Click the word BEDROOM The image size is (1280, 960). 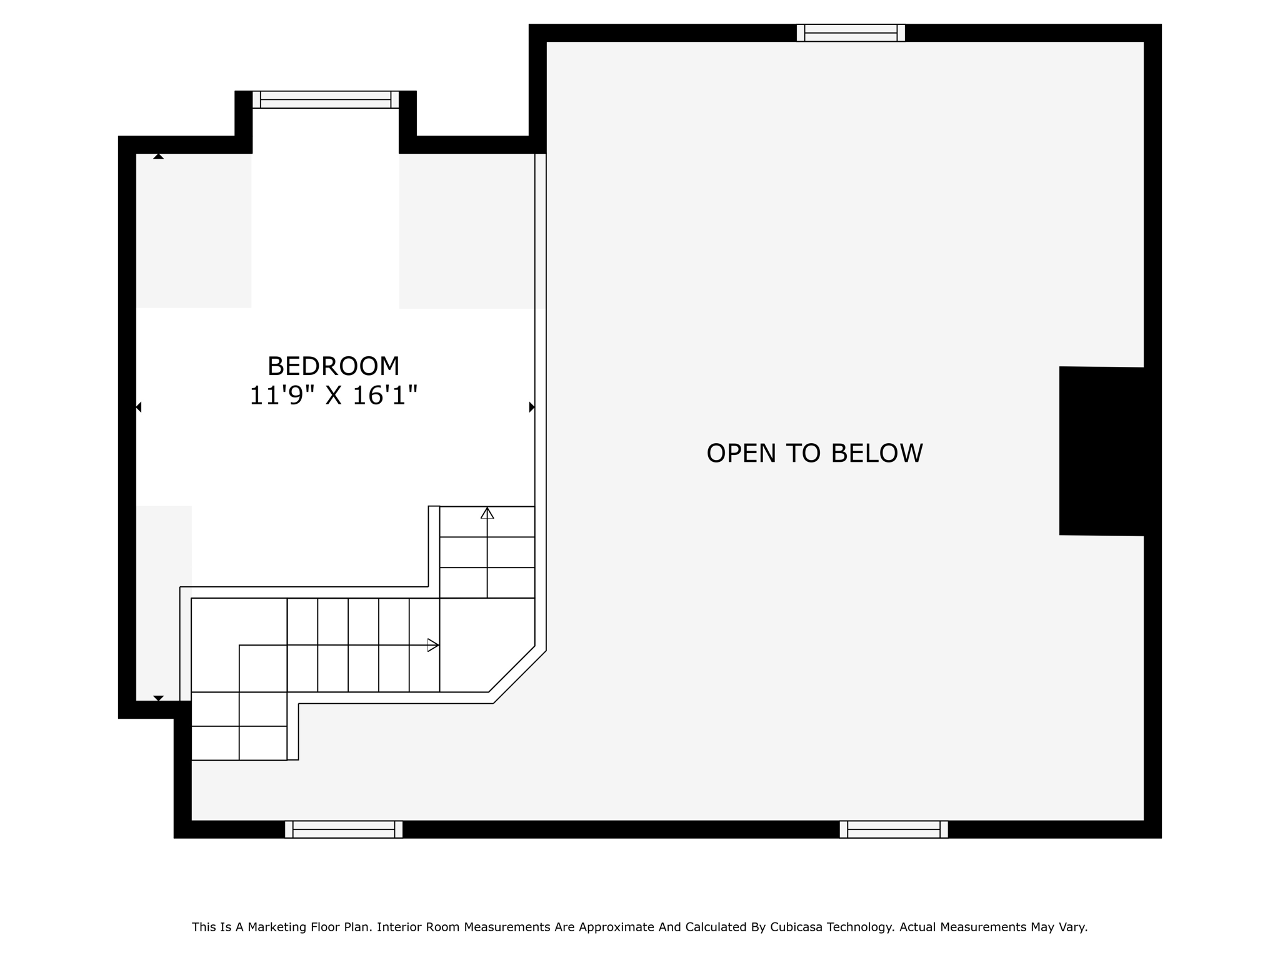333,366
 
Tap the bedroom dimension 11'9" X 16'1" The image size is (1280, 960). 333,396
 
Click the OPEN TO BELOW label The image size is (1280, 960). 814,454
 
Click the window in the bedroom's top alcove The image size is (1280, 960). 326,100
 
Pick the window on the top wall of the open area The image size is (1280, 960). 851,33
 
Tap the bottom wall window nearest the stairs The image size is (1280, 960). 344,829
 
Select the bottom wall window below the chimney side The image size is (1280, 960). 894,829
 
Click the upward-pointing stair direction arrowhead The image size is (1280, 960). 487,513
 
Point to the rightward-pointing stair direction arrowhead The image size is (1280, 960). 432,645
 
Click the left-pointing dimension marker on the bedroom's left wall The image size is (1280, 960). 139,407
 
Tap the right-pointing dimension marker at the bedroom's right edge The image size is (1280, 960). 532,407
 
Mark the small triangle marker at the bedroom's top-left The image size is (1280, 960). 159,156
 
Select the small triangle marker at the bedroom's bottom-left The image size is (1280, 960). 159,698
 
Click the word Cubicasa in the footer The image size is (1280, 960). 794,927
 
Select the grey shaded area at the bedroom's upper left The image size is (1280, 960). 194,231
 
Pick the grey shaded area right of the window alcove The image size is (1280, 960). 466,231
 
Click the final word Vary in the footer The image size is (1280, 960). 1074,927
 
